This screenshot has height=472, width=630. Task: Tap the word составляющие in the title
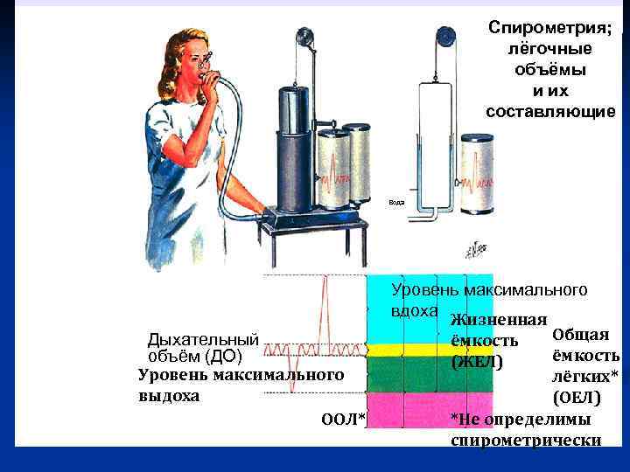[x=551, y=111]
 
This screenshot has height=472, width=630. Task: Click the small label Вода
[x=397, y=202]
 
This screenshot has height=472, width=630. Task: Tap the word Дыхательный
[x=203, y=339]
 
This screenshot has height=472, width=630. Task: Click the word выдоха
[x=169, y=395]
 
